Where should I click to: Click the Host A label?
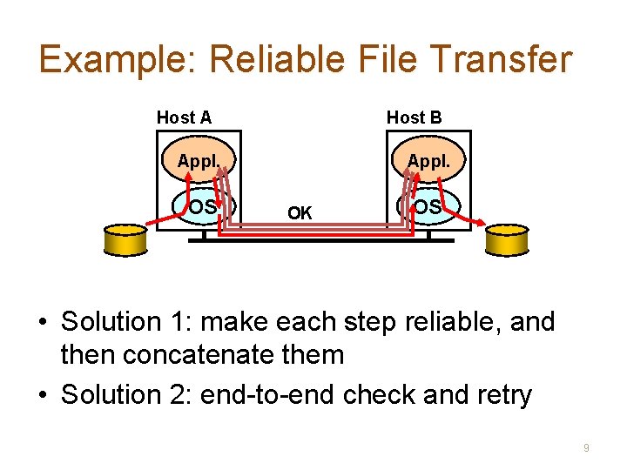point(184,117)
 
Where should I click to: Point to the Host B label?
point(414,117)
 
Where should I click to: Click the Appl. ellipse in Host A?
point(198,162)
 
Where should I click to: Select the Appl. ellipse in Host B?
point(428,162)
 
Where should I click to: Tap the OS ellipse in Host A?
point(203,207)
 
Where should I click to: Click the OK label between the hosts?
point(300,212)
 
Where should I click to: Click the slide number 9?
point(586,447)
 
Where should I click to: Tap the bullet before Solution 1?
point(42,323)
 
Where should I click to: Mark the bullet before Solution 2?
point(42,395)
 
